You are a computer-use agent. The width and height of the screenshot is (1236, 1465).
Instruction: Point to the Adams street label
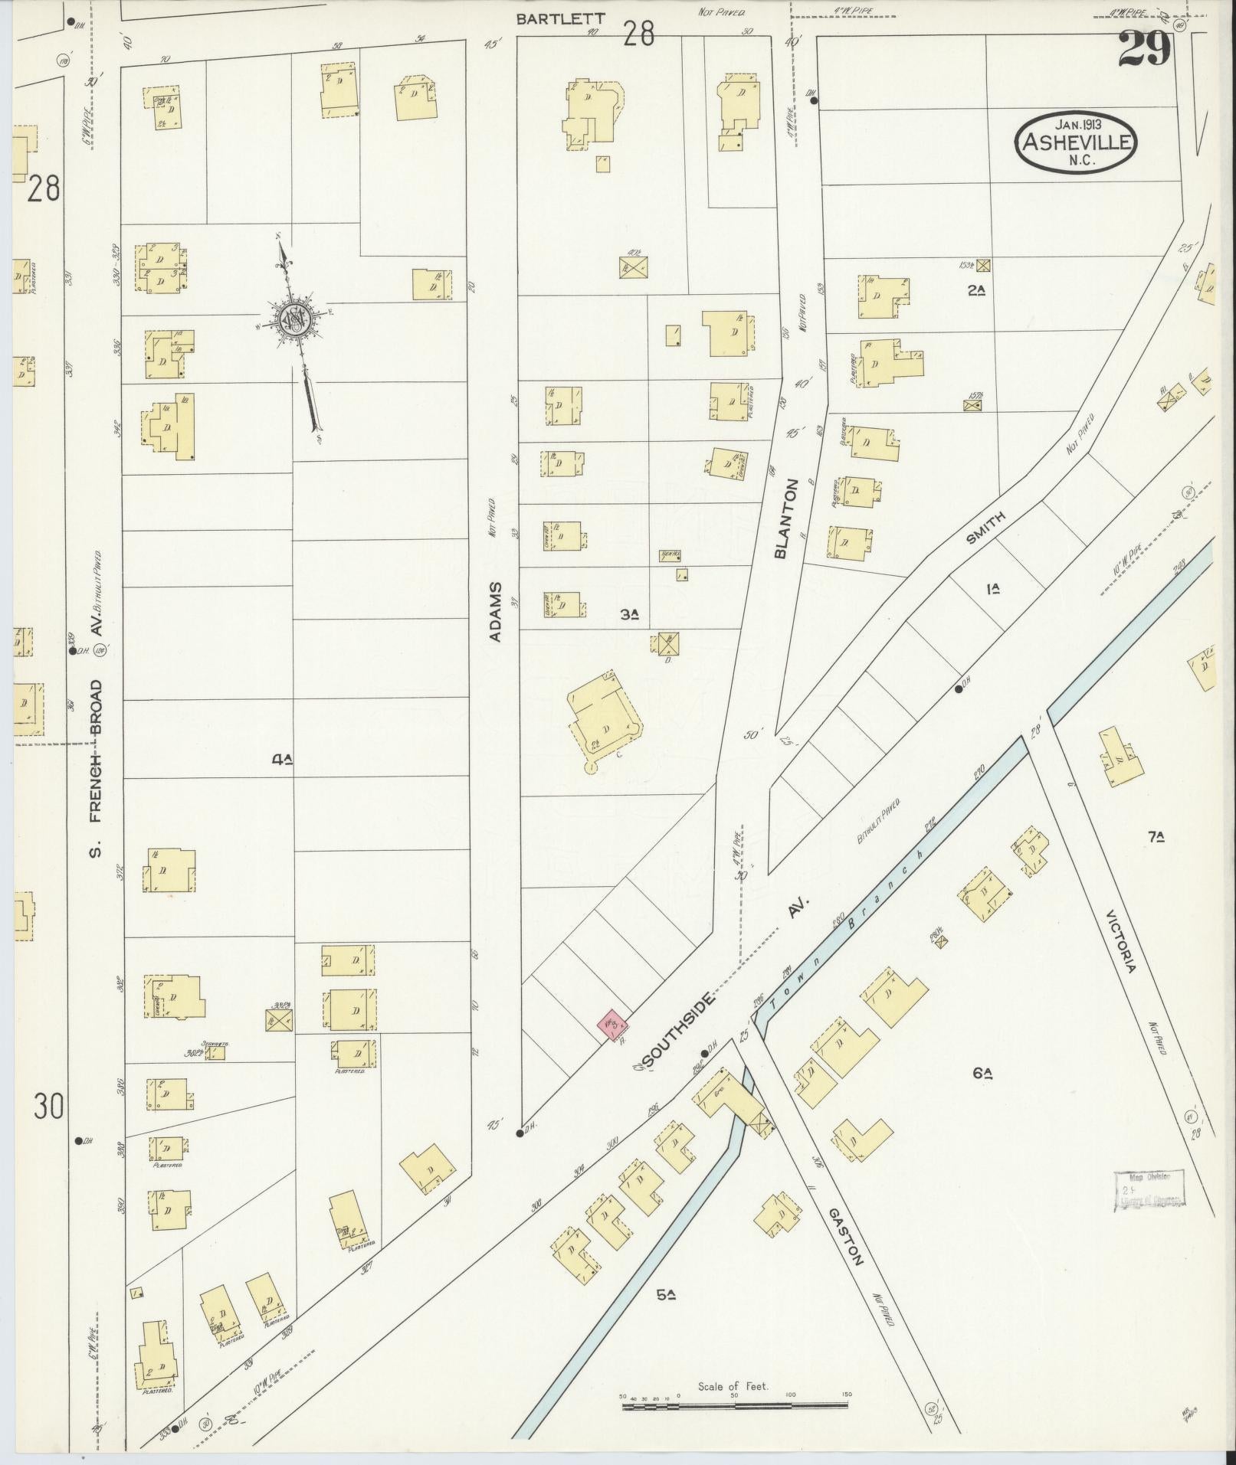tap(497, 611)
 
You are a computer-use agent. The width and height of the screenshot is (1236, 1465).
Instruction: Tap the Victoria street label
tap(1120, 941)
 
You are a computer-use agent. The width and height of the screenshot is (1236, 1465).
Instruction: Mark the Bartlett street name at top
tap(550, 19)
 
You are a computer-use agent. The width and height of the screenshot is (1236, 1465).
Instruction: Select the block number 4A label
tap(283, 760)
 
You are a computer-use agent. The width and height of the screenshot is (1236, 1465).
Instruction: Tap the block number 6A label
tap(983, 1074)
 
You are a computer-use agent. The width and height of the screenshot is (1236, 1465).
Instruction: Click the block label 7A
tap(1156, 838)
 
